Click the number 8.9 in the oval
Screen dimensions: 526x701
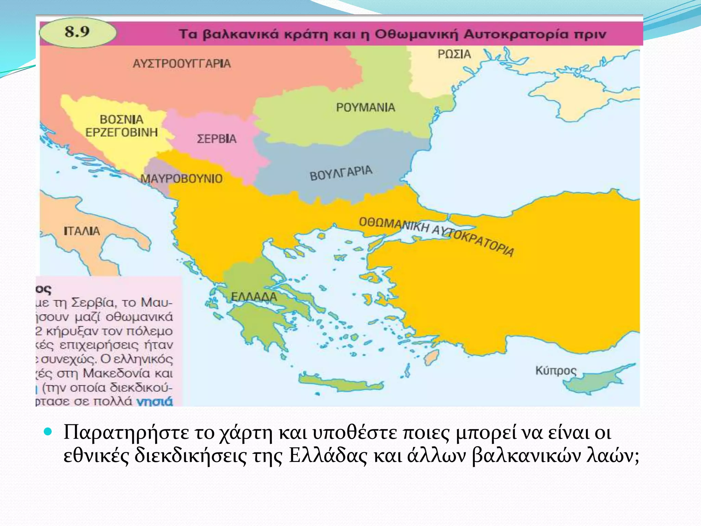pyautogui.click(x=77, y=32)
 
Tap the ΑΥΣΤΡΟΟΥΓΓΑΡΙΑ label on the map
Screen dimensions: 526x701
pyautogui.click(x=182, y=64)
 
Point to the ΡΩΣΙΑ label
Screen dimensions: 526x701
pyautogui.click(x=454, y=54)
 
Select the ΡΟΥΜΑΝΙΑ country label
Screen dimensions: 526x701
pyautogui.click(x=366, y=108)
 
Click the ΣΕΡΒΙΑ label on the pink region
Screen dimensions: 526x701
pyautogui.click(x=217, y=139)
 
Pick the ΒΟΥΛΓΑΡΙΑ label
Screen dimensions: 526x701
pyautogui.click(x=341, y=173)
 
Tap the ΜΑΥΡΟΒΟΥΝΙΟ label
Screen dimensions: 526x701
pyautogui.click(x=182, y=178)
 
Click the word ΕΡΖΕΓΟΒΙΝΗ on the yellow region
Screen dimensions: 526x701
pyautogui.click(x=122, y=132)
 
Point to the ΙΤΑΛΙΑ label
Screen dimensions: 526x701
pyautogui.click(x=82, y=231)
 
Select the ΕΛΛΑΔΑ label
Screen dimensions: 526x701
pyautogui.click(x=254, y=297)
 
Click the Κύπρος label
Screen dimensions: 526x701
pyautogui.click(x=556, y=371)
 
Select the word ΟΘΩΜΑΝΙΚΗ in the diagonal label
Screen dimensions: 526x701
pyautogui.click(x=394, y=225)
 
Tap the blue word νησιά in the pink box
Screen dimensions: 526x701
pyautogui.click(x=155, y=401)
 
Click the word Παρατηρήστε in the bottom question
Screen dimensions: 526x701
pyautogui.click(x=126, y=432)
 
